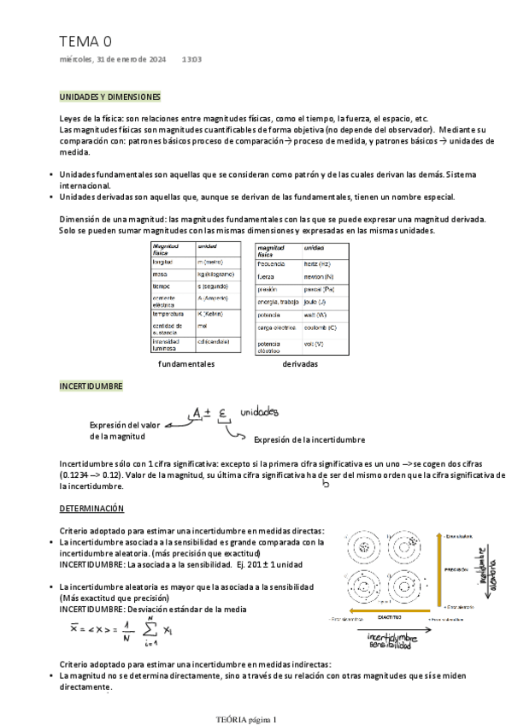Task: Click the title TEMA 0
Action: pyautogui.click(x=85, y=41)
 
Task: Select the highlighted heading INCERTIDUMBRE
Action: pyautogui.click(x=91, y=386)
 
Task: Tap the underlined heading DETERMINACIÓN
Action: pyautogui.click(x=91, y=509)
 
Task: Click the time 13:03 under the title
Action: pyautogui.click(x=191, y=60)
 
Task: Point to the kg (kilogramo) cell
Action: pyautogui.click(x=216, y=274)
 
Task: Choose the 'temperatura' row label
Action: pyautogui.click(x=168, y=314)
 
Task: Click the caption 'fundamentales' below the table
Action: pyautogui.click(x=186, y=363)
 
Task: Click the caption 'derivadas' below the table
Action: pyautogui.click(x=299, y=363)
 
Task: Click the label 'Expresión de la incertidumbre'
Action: pyautogui.click(x=309, y=439)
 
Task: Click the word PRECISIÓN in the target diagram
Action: pyautogui.click(x=456, y=568)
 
